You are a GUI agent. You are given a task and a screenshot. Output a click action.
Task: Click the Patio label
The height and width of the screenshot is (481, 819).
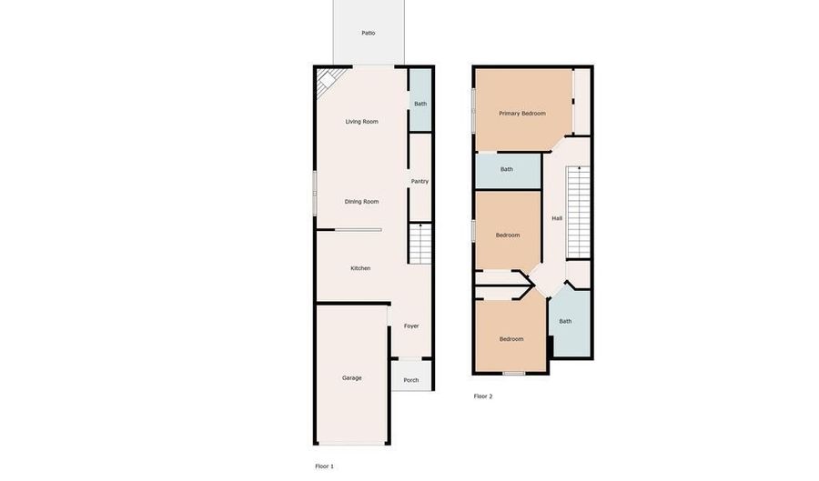tap(369, 33)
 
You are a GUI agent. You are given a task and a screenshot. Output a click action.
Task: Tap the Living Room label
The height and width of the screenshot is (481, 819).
tap(361, 122)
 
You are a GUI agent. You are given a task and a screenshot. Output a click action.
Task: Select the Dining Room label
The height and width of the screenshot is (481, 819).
tap(361, 201)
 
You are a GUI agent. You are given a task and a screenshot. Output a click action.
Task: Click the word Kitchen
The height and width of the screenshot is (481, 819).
tap(360, 268)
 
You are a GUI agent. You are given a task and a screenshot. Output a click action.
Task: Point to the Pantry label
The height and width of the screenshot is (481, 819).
tap(420, 182)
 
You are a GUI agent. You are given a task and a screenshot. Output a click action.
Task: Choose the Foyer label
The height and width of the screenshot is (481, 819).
tap(411, 326)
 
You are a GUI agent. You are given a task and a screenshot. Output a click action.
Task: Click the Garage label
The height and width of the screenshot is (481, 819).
tap(351, 377)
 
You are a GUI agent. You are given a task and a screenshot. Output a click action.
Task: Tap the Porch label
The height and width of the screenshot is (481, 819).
tap(411, 380)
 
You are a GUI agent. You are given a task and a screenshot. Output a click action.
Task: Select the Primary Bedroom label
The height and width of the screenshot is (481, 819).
tap(522, 114)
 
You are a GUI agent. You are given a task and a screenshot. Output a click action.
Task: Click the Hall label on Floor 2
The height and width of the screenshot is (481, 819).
tap(557, 218)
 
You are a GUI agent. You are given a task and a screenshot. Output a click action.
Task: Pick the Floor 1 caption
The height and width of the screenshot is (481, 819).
tap(324, 466)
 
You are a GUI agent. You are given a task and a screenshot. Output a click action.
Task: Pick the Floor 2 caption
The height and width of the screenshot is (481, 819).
tap(483, 396)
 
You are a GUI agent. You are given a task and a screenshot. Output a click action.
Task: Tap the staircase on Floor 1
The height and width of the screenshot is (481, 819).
tap(420, 244)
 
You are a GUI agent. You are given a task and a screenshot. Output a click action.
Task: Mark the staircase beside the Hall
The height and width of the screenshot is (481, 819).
tap(578, 212)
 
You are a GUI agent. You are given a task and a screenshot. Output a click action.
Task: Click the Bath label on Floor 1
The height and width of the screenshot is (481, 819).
tap(420, 104)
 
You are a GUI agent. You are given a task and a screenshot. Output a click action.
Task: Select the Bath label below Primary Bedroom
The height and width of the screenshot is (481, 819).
tap(507, 169)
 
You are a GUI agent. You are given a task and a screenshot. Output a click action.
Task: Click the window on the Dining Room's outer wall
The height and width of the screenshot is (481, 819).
tap(315, 193)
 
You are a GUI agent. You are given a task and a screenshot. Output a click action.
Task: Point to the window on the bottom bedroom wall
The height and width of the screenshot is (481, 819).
tap(514, 373)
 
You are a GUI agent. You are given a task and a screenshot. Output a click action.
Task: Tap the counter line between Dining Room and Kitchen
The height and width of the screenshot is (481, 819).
tap(359, 229)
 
